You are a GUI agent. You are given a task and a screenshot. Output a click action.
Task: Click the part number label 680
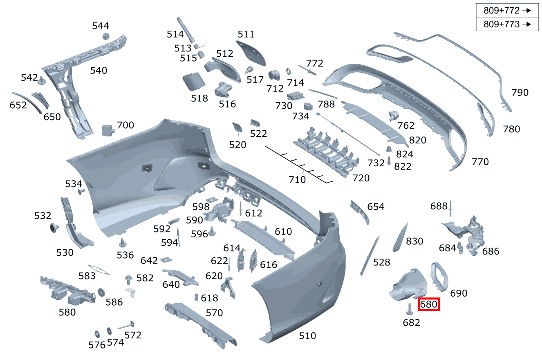click(x=429, y=304)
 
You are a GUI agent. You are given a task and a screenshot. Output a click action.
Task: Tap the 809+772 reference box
click(x=507, y=11)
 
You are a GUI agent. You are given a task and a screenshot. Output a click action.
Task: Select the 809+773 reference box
click(x=507, y=24)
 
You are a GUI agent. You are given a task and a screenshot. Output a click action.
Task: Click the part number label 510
click(x=307, y=336)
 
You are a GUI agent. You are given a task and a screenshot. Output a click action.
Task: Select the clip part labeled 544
click(x=105, y=36)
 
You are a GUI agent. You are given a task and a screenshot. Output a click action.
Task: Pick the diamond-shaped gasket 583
click(x=98, y=269)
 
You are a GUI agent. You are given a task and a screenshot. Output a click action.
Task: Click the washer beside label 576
click(x=97, y=333)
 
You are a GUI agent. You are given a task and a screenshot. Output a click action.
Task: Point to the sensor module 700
click(x=107, y=130)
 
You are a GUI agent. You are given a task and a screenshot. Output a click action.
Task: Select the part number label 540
click(x=99, y=71)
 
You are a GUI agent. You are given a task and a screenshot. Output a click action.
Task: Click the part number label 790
click(x=520, y=93)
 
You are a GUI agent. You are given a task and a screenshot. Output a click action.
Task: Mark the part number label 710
click(x=297, y=179)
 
